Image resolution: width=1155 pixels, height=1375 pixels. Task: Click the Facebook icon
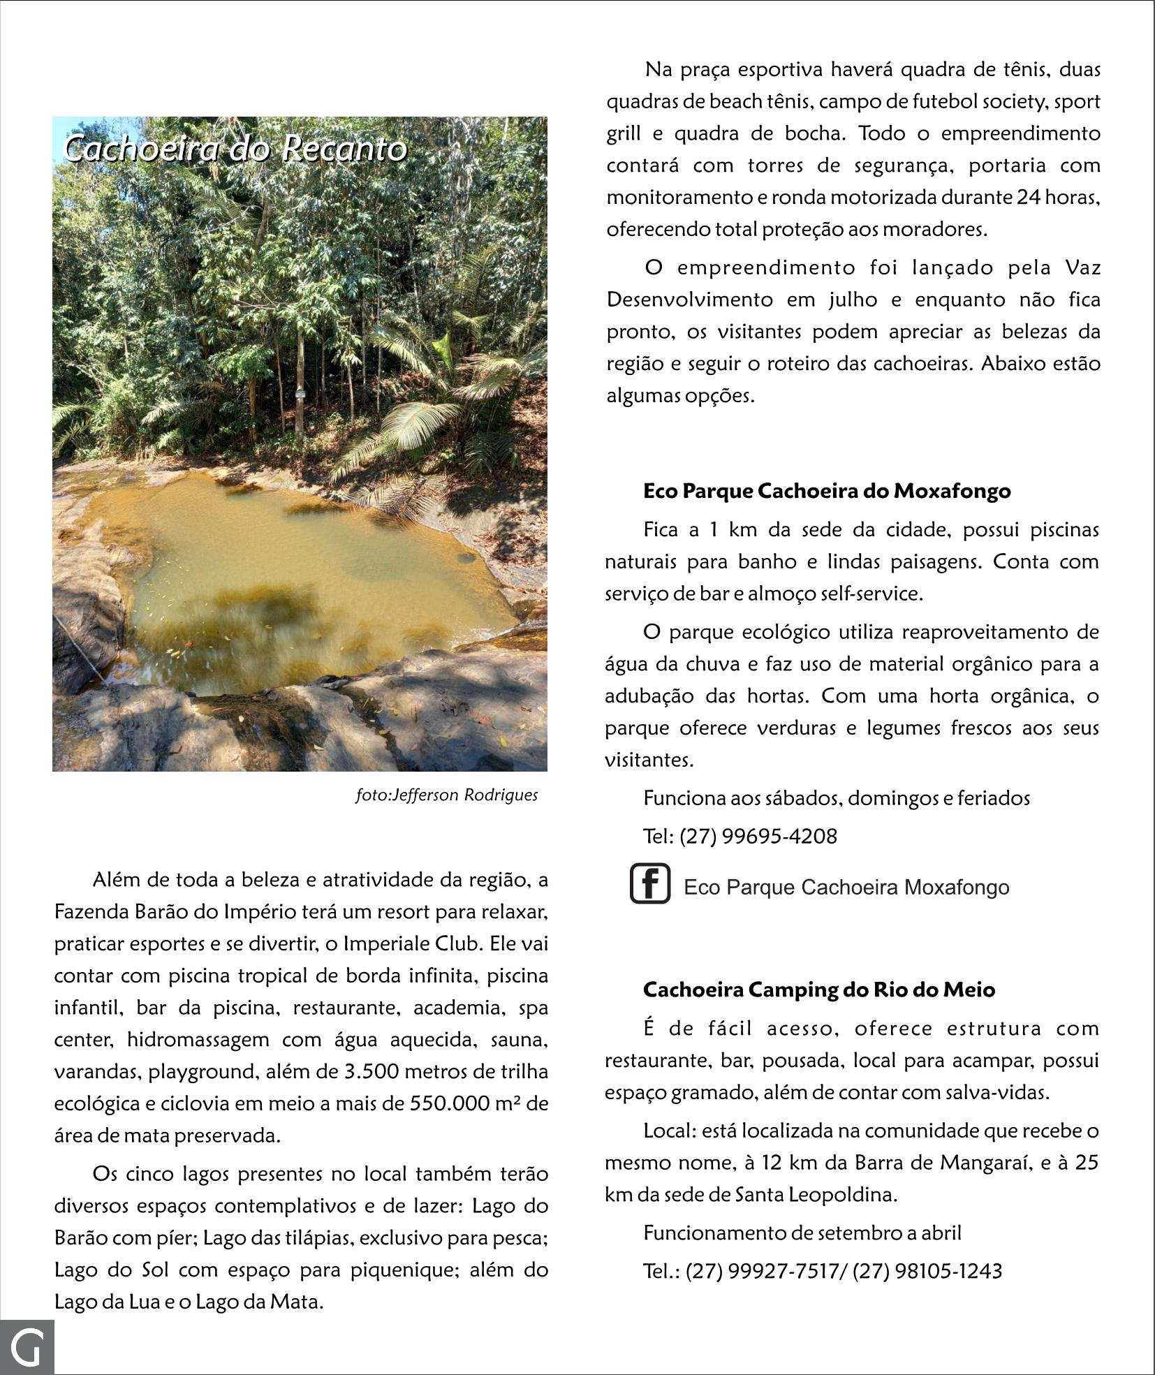650,883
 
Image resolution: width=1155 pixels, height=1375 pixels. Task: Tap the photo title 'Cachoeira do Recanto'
235,148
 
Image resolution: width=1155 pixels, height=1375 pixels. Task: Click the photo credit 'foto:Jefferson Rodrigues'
446,795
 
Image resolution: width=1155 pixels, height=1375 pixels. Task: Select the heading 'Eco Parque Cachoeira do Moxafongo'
827,491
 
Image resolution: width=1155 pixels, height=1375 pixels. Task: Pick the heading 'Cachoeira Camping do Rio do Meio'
819,990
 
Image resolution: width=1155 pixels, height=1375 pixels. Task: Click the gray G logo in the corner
27,1347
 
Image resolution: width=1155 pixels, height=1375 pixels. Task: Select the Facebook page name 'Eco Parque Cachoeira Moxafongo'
846,888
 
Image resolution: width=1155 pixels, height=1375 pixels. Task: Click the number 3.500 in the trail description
371,1071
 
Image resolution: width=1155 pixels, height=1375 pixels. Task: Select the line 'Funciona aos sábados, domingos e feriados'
837,798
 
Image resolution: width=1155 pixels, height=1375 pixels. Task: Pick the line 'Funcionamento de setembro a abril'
802,1233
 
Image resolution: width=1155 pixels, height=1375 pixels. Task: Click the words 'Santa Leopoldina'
815,1195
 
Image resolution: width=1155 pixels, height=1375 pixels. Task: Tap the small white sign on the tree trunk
300,395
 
